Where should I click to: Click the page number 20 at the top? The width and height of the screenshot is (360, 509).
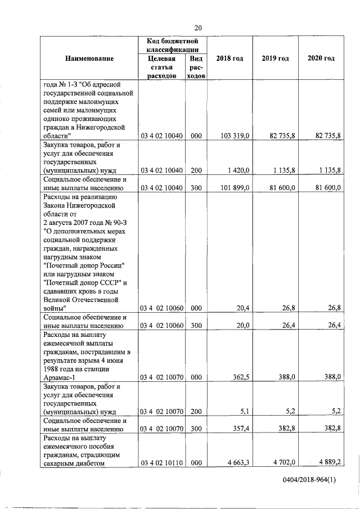198,28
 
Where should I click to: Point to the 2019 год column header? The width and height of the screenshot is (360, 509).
275,58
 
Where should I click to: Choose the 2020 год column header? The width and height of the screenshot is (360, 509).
321,58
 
